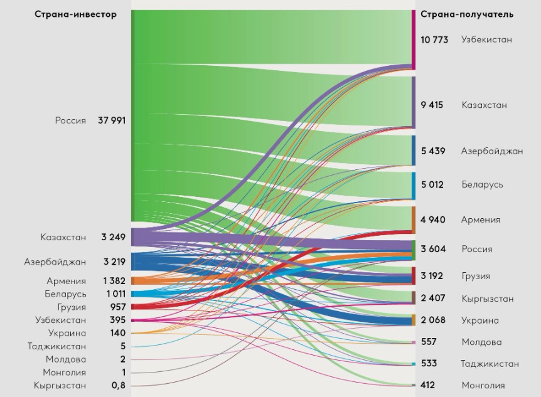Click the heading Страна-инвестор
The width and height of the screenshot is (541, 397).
click(x=75, y=14)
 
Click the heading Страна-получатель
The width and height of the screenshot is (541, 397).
click(x=467, y=14)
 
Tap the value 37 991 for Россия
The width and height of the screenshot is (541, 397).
click(x=112, y=120)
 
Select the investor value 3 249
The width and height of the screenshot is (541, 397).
click(x=114, y=237)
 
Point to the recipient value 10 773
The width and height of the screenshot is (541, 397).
click(x=434, y=40)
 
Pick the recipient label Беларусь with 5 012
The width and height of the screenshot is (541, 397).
click(x=482, y=185)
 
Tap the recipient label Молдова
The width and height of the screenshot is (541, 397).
click(x=481, y=342)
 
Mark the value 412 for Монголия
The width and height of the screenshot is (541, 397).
click(x=429, y=385)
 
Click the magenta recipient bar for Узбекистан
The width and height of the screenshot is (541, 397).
click(x=413, y=40)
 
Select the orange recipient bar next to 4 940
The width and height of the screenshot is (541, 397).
click(x=413, y=220)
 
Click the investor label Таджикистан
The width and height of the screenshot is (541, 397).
click(x=57, y=346)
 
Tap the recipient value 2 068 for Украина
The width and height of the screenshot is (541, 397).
click(x=433, y=320)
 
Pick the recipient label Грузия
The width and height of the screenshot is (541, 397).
click(x=476, y=277)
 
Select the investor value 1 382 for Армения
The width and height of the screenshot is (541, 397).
click(x=114, y=281)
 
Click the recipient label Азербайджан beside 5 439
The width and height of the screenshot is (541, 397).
click(x=492, y=151)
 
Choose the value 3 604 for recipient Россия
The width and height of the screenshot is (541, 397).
click(x=433, y=249)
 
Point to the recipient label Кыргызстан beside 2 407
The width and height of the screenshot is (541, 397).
click(x=487, y=299)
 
